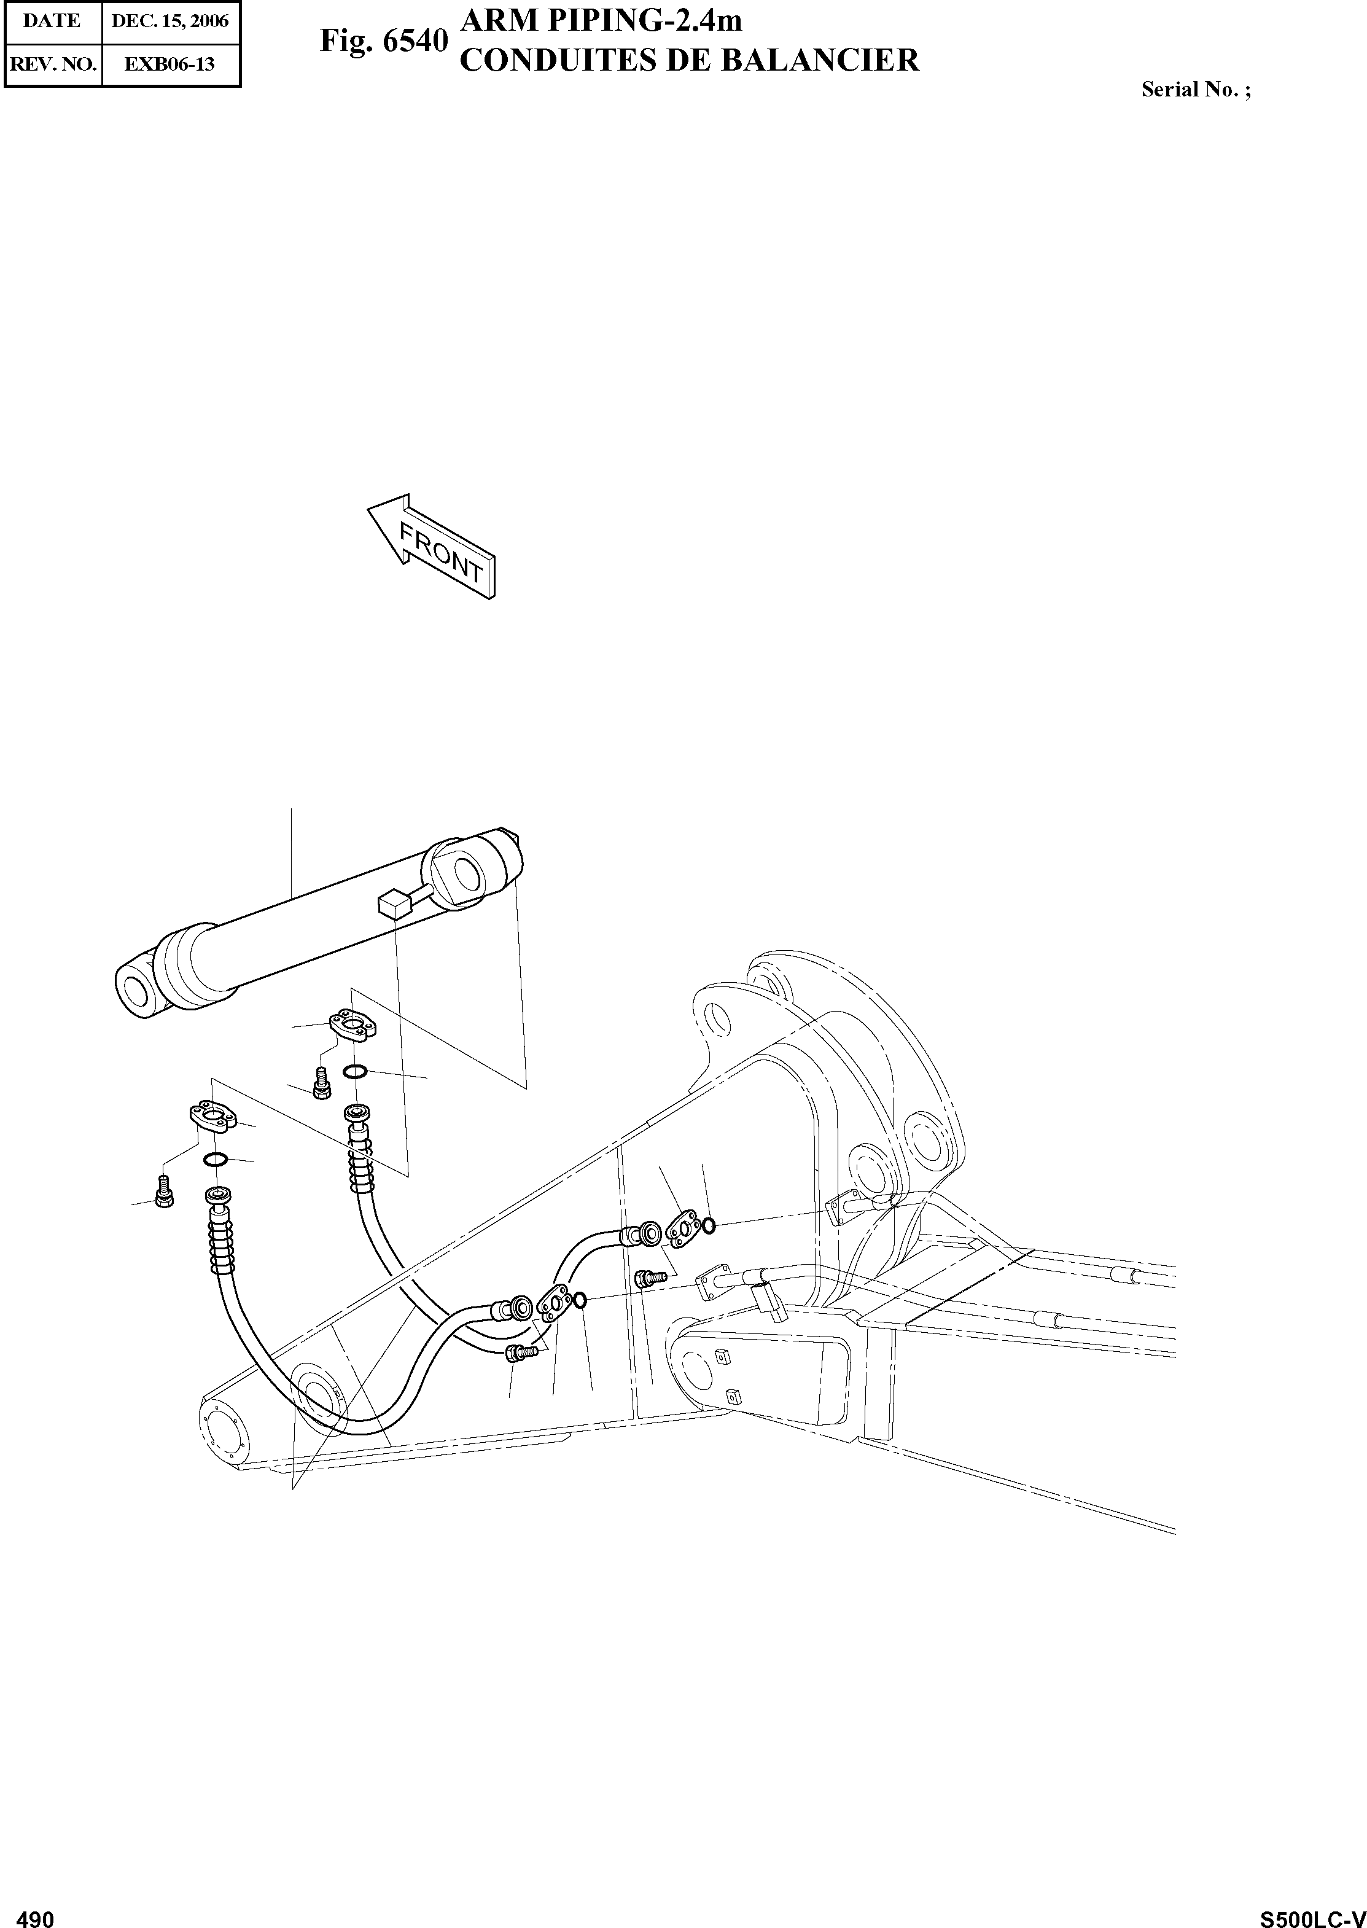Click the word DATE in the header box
point(52,21)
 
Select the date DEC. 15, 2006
point(170,21)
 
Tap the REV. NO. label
point(52,63)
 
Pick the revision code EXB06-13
point(170,63)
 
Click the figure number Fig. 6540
point(383,41)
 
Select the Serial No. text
point(1195,89)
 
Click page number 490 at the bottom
point(36,1913)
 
